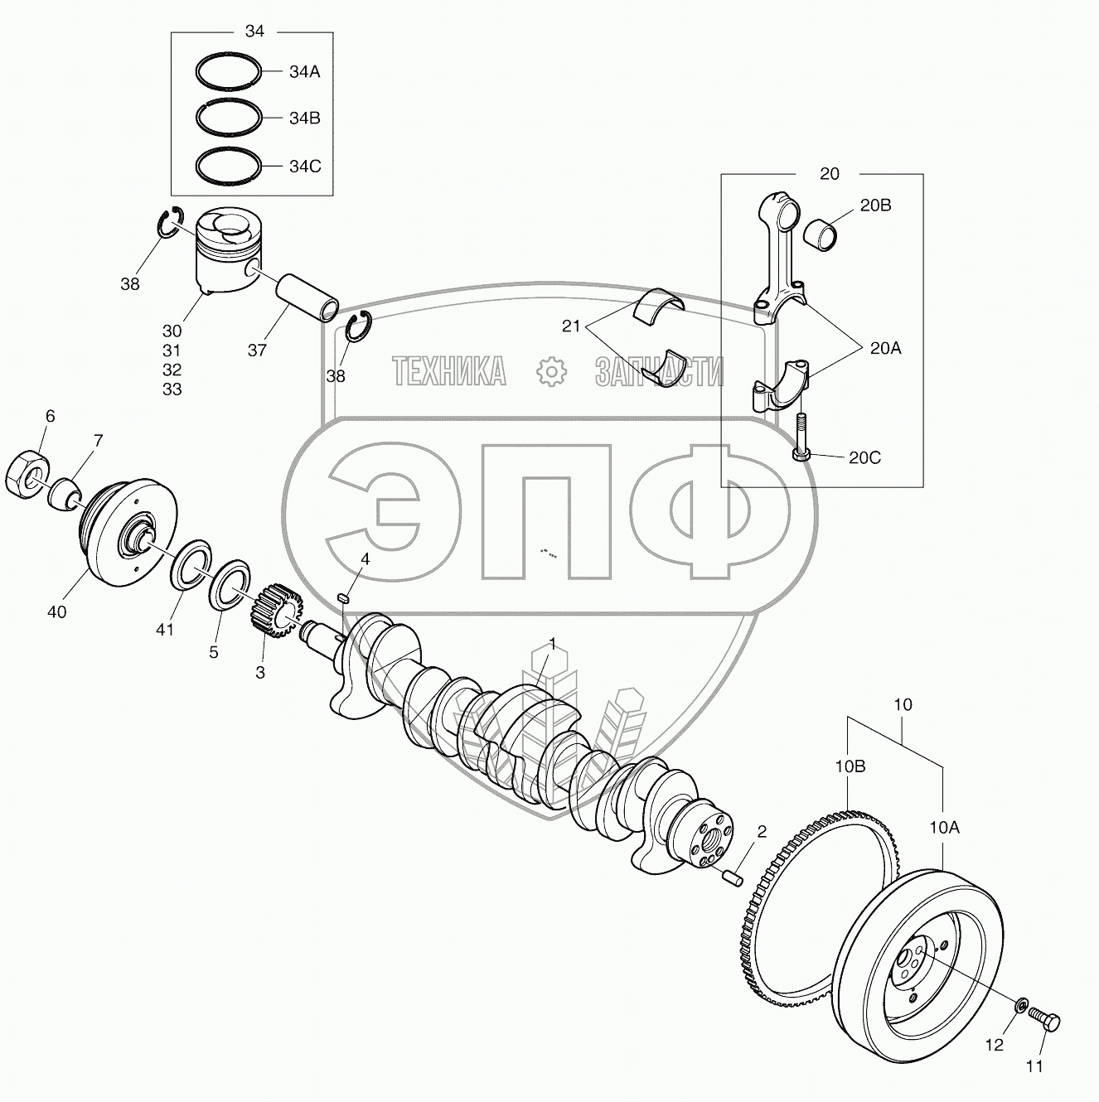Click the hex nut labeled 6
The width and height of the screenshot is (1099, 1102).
[27, 475]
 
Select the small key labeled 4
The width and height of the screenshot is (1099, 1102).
[346, 596]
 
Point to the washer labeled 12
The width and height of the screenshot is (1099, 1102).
[1019, 1007]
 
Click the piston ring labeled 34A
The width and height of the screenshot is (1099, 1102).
[230, 71]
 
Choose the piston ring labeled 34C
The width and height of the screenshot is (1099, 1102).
[230, 166]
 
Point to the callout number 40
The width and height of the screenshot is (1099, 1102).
[56, 612]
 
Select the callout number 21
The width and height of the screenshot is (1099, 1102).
[572, 326]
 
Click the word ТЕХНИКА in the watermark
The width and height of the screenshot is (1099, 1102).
[449, 372]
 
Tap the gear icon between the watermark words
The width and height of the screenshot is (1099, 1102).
[549, 372]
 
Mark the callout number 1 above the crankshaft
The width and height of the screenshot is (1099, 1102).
[552, 644]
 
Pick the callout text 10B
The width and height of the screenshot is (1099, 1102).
[850, 766]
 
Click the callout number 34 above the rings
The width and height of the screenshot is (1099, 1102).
[254, 31]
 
